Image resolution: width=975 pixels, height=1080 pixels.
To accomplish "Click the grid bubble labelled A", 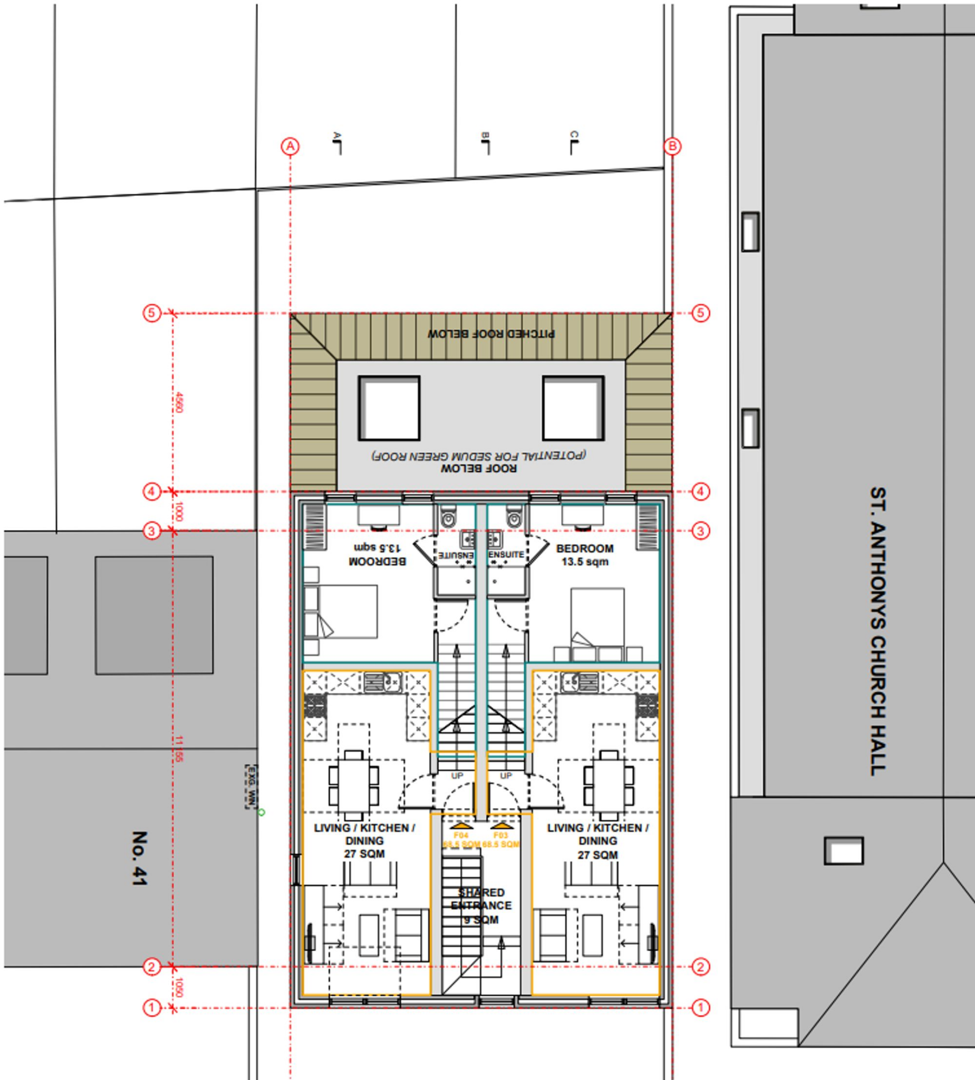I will [x=290, y=146].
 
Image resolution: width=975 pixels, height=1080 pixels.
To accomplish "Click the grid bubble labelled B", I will [x=672, y=146].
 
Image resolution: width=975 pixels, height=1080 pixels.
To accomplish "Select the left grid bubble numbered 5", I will [x=152, y=313].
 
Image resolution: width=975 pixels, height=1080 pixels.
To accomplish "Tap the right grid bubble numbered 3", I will [x=701, y=531].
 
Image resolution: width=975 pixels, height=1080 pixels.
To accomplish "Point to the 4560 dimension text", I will [x=179, y=402].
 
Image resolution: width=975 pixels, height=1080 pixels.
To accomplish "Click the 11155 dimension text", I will [x=179, y=749].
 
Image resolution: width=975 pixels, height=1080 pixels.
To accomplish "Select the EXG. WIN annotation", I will [x=249, y=786].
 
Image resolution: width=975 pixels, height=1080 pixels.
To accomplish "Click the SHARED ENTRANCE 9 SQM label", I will [x=480, y=906].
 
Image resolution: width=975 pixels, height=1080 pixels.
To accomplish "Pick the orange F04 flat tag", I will [x=461, y=835].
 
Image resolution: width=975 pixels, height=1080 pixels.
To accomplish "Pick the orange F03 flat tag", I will [x=500, y=835].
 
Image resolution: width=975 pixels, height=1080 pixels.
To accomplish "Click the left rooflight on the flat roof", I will [x=389, y=408].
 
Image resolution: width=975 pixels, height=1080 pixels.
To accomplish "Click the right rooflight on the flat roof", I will [x=573, y=408].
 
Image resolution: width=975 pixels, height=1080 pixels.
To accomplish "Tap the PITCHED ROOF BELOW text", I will [x=491, y=334].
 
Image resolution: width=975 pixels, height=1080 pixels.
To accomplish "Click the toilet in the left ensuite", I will [x=448, y=517].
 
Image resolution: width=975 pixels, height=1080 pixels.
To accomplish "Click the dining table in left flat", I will [x=354, y=785].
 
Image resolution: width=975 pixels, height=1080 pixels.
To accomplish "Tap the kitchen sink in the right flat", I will [x=580, y=682].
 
